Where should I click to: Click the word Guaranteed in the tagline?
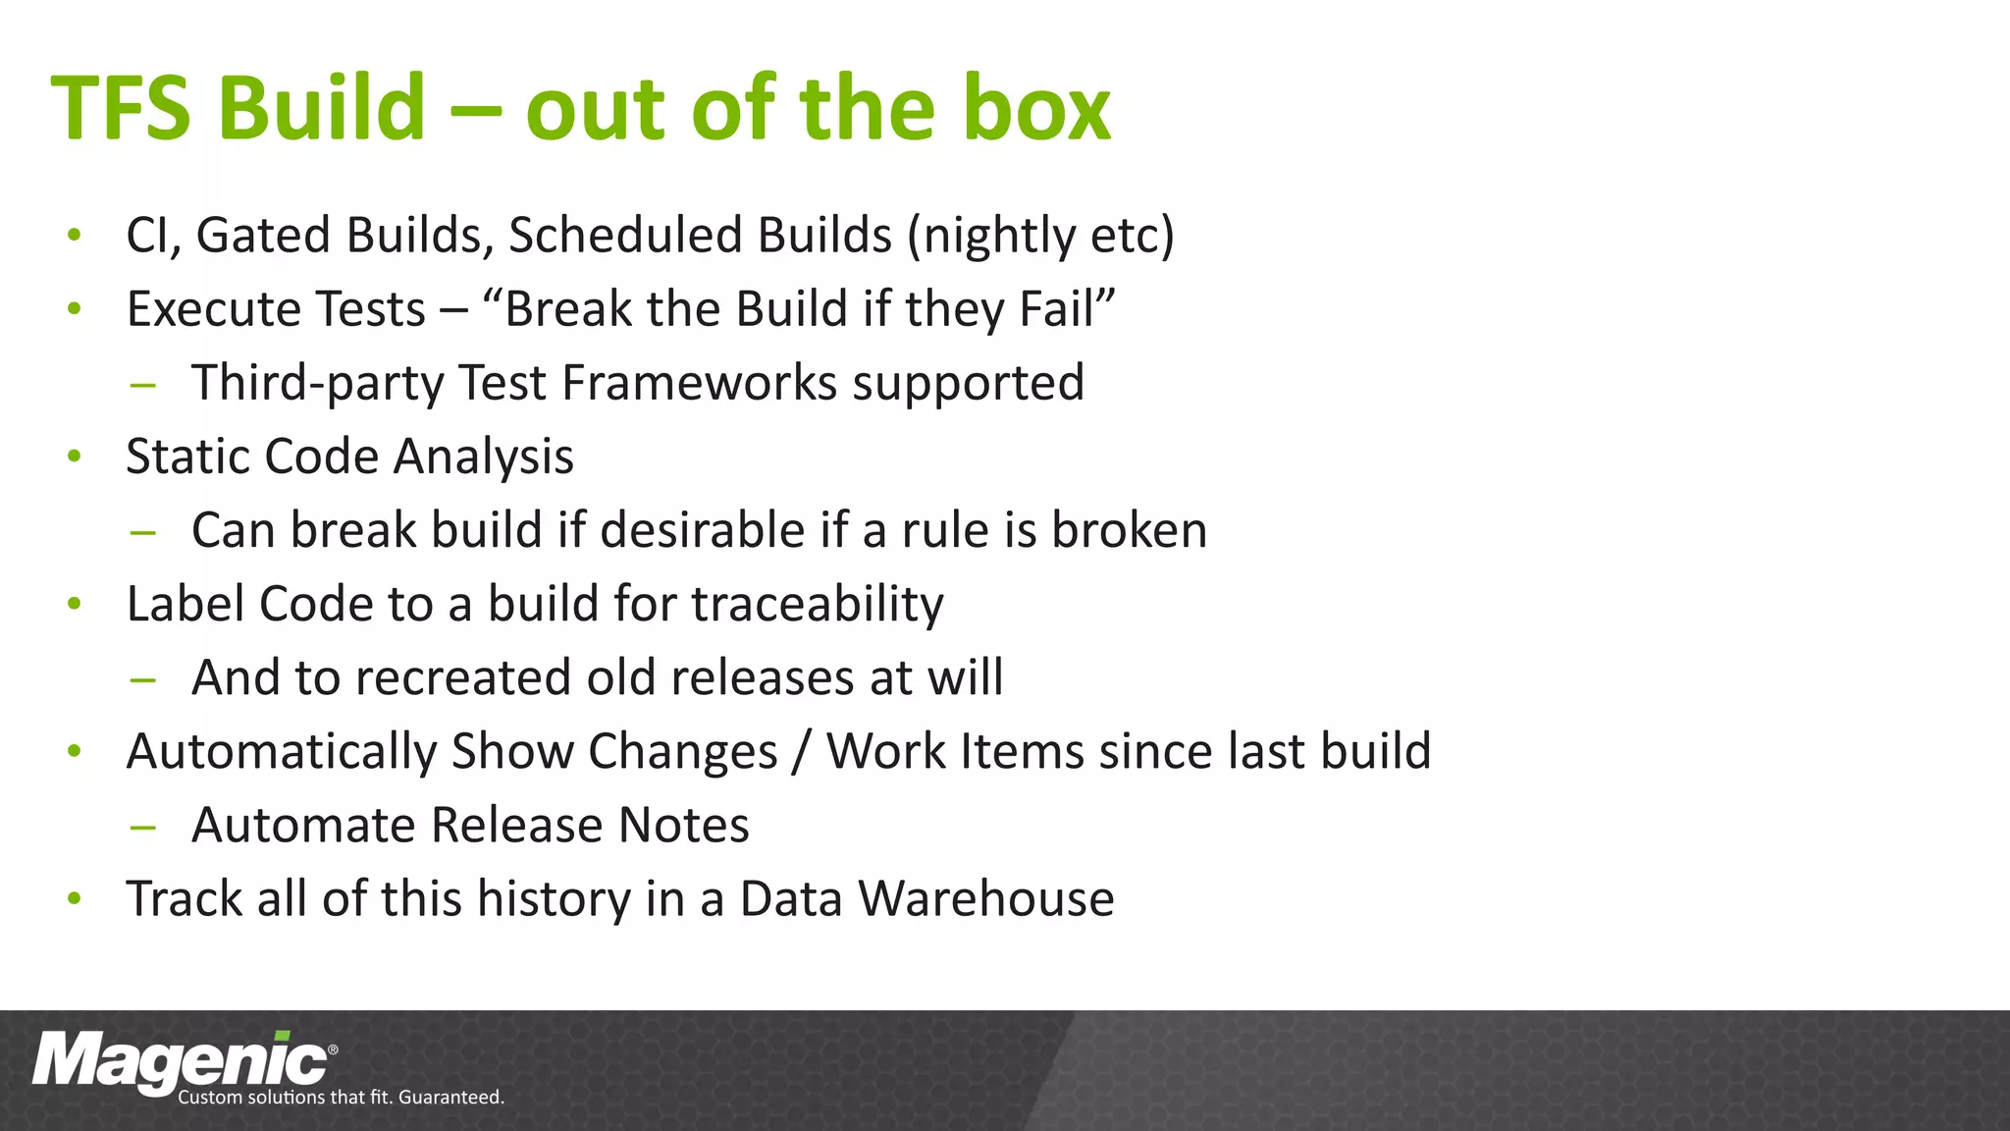pyautogui.click(x=451, y=1098)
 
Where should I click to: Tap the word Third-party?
pyautogui.click(x=318, y=383)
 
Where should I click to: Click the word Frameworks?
pyautogui.click(x=699, y=383)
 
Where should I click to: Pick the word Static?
pyautogui.click(x=187, y=457)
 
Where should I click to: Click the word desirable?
pyautogui.click(x=702, y=530)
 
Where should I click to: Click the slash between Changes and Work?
pyautogui.click(x=802, y=752)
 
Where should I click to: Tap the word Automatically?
pyautogui.click(x=281, y=752)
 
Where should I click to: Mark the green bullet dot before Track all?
pyautogui.click(x=74, y=898)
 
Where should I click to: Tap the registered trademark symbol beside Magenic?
pyautogui.click(x=333, y=1050)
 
